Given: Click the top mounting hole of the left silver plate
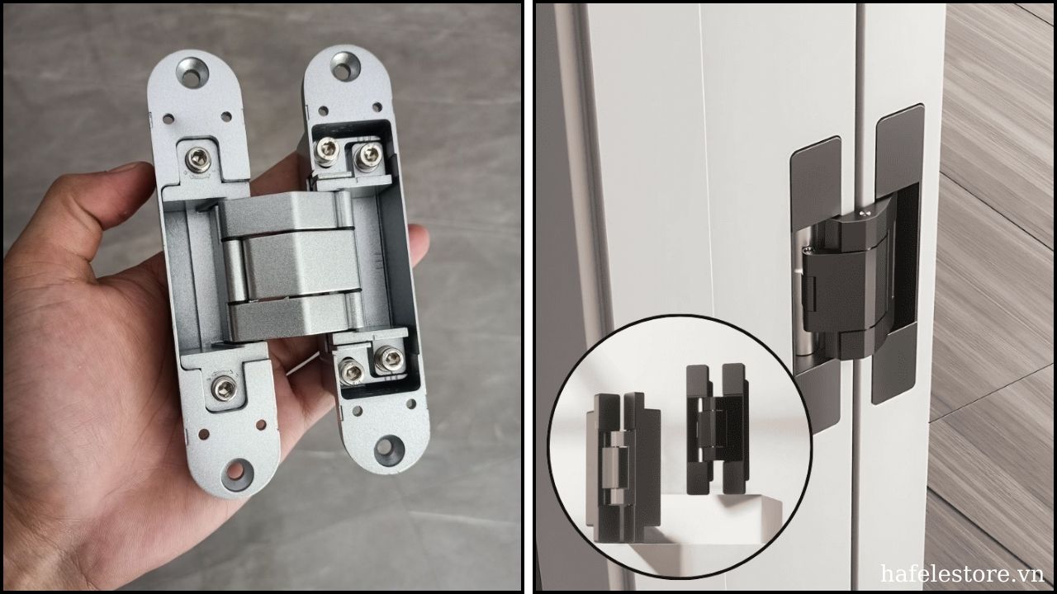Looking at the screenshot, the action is pos(192,72).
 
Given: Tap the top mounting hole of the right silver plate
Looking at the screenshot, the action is pos(346,66).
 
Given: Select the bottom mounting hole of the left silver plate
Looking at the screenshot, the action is pos(236,473).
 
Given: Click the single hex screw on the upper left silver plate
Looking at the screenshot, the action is pos(198,160).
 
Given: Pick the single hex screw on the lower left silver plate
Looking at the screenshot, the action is pos(223,388).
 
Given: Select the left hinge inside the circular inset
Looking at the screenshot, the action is pos(623,467).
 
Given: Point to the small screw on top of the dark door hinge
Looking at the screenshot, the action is pos(863,214).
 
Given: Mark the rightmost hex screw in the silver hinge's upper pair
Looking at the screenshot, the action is pos(368,155).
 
